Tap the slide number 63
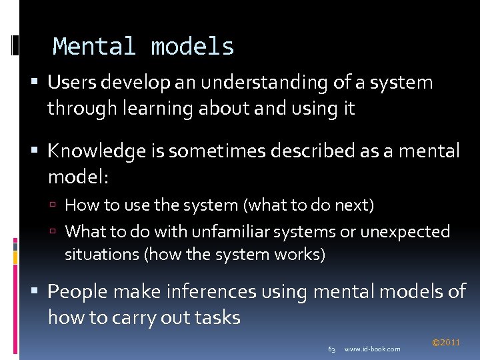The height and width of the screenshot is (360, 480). pyautogui.click(x=331, y=349)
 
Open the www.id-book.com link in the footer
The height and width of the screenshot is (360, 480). pyautogui.click(x=373, y=349)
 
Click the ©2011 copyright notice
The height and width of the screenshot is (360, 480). pyautogui.click(x=446, y=343)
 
